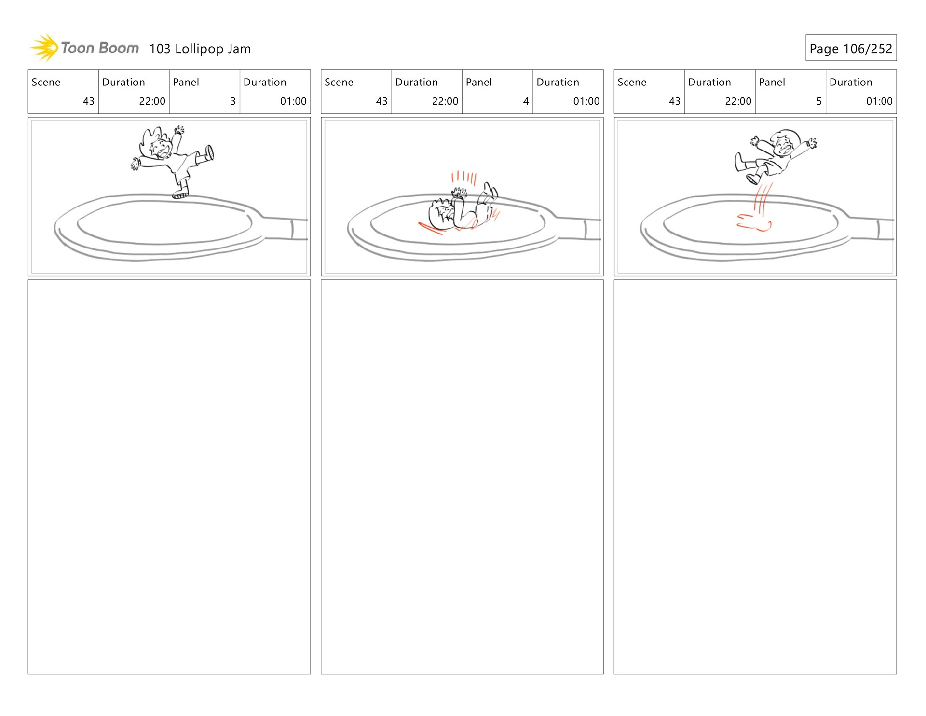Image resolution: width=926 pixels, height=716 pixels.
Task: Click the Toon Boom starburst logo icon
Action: [x=44, y=48]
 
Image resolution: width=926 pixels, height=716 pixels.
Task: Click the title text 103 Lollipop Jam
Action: [x=200, y=49]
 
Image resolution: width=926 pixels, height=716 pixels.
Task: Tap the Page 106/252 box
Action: [x=851, y=48]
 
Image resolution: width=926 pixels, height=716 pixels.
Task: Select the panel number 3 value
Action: [x=233, y=101]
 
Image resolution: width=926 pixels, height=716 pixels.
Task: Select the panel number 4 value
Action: [x=526, y=101]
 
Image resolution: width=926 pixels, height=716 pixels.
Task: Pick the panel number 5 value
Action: [x=819, y=101]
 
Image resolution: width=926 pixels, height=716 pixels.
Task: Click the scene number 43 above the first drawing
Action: [x=89, y=101]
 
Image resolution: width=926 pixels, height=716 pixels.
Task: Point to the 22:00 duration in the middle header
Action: [x=445, y=101]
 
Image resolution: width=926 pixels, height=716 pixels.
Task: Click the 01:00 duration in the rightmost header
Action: [x=879, y=101]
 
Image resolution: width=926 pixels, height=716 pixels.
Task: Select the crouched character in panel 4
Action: [x=462, y=207]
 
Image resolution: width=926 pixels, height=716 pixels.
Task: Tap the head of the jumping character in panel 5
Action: [x=785, y=143]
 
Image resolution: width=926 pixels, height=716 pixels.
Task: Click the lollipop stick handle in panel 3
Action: [x=286, y=228]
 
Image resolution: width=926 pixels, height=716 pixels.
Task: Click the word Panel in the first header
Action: [x=186, y=82]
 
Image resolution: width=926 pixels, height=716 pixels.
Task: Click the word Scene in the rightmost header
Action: [x=632, y=82]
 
